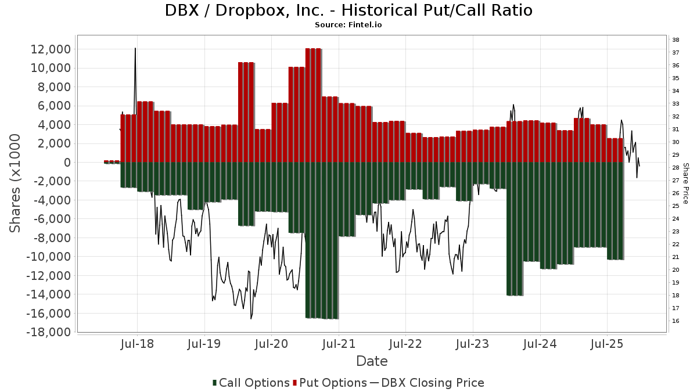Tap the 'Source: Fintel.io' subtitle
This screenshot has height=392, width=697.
348,25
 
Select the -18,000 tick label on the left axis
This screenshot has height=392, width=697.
49,332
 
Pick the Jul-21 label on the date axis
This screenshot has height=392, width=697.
339,343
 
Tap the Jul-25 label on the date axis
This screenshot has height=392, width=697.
607,343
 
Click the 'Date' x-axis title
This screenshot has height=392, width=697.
372,361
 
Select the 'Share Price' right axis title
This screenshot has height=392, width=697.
685,183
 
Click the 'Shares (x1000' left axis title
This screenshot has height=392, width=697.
16,183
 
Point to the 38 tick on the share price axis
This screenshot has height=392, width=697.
676,40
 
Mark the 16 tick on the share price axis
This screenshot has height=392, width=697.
676,321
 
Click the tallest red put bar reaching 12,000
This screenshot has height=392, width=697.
313,105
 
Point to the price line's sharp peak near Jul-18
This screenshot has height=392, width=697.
135,49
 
